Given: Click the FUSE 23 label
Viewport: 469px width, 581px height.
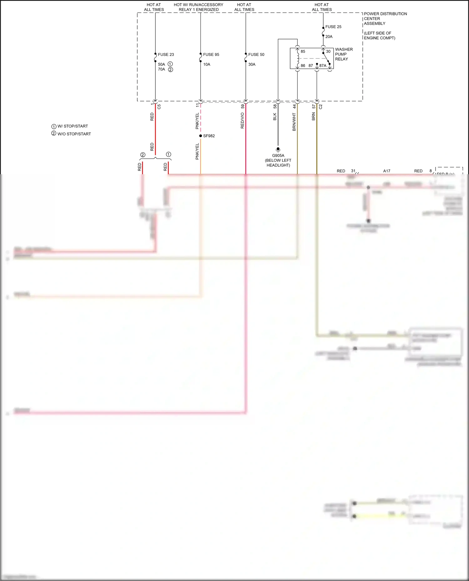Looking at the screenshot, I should (166, 55).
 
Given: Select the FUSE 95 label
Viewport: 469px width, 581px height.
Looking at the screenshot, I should (211, 55).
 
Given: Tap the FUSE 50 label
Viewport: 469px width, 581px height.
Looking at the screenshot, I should (256, 55).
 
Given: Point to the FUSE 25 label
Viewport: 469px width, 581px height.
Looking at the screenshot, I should (333, 27).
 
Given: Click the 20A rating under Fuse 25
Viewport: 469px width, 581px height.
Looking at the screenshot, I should (329, 37).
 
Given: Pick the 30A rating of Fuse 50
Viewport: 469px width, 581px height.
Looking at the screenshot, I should (252, 65).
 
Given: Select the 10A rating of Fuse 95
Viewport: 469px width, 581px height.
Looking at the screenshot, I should (207, 65).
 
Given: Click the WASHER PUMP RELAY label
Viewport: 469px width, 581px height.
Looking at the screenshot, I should (344, 54).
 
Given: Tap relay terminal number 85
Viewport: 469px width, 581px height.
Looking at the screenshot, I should (303, 52).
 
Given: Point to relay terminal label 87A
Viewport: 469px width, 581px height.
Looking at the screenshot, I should (323, 66).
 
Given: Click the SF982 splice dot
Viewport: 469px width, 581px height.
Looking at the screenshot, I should (200, 136).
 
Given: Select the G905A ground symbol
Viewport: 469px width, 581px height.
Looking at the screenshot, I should (278, 150).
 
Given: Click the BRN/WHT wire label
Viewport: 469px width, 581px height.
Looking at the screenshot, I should (294, 122).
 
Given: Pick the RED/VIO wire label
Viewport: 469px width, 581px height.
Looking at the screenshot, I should (242, 121).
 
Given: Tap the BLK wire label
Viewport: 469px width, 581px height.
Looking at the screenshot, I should (275, 117).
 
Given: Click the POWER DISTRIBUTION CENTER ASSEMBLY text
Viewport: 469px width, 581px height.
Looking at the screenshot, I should (385, 19).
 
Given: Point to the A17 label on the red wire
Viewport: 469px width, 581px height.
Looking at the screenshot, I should (387, 171).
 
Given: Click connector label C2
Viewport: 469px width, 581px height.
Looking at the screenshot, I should (320, 106).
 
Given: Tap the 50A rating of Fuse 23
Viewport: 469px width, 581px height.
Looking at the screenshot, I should (161, 65).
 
